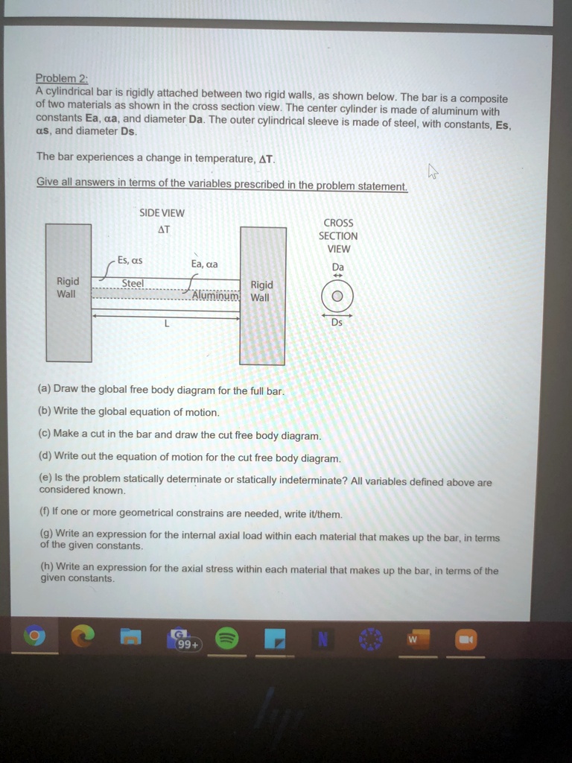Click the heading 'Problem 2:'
[57, 78]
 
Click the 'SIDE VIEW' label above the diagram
[162, 213]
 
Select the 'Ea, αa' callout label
[205, 264]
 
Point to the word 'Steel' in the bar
[133, 283]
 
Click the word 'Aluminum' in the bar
[215, 296]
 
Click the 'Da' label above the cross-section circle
[338, 267]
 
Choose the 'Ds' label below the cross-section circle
[337, 322]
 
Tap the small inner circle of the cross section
[337, 297]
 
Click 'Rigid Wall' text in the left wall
[68, 288]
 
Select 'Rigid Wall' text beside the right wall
[261, 291]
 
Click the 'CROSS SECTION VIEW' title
[338, 235]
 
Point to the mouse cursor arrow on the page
[433, 172]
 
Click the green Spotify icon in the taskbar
[226, 639]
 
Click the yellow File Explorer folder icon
[130, 639]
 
